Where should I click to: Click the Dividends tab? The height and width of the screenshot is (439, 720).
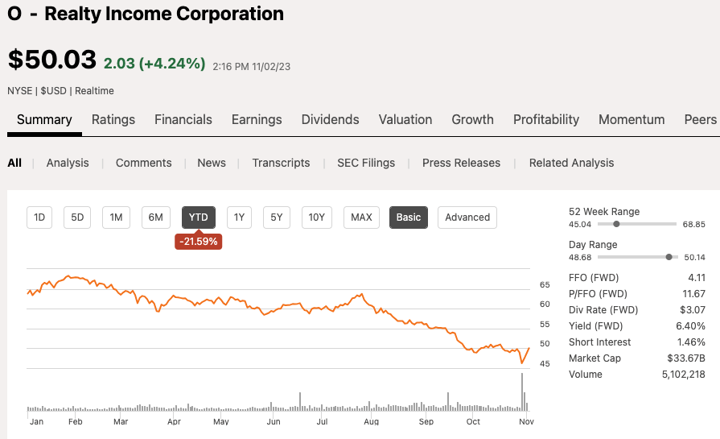point(330,119)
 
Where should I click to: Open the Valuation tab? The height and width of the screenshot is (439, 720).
point(405,119)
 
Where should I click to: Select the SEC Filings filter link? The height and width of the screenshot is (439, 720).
point(366,163)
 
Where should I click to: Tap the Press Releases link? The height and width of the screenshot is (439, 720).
point(461,163)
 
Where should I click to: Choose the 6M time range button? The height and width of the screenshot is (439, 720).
point(156,217)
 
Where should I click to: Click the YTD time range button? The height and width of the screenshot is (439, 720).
point(198,217)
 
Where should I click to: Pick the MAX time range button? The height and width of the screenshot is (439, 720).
point(361,217)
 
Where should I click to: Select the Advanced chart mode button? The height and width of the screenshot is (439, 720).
point(467,217)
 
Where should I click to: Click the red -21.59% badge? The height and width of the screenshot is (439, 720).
point(198,241)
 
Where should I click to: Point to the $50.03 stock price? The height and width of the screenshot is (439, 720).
point(51,60)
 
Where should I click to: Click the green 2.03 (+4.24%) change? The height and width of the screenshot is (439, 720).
point(154,63)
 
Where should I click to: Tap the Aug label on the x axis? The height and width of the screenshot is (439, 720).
point(371,421)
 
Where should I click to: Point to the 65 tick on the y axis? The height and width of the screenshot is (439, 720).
point(545,284)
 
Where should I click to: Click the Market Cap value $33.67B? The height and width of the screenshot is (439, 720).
point(685,358)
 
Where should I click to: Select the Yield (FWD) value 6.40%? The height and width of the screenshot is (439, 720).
point(690,325)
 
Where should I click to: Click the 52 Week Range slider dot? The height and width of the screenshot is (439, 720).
point(616,224)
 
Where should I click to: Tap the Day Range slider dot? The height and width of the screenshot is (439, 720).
point(669,257)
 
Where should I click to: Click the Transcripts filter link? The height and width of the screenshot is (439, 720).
point(281,163)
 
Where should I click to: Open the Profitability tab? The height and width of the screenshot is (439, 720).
point(546,119)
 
